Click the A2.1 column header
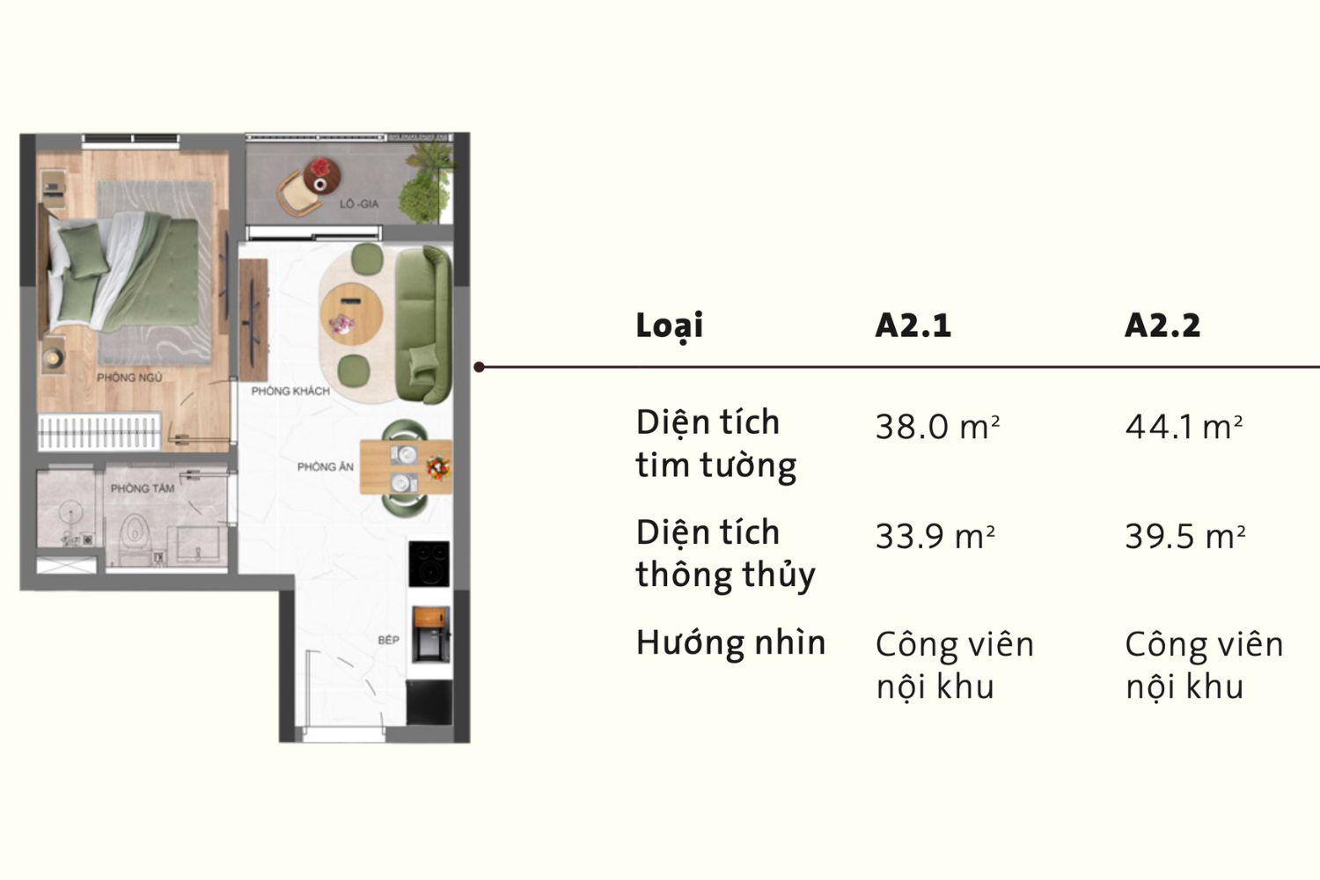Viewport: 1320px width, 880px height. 913,326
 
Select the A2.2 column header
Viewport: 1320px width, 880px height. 1162,326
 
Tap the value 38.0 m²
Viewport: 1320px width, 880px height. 937,428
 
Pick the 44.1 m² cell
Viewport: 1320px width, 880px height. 1184,428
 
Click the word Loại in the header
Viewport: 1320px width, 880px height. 669,326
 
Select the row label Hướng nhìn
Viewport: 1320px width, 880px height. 730,643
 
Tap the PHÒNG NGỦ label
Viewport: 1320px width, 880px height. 129,378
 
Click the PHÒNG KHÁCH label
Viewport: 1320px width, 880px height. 290,391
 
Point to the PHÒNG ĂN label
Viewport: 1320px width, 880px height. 325,466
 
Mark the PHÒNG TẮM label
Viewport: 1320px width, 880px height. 142,488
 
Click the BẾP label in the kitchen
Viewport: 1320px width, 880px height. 388,640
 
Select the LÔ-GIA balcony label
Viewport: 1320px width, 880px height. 359,204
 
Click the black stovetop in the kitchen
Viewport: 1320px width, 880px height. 429,564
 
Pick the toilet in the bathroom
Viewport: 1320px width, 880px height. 134,534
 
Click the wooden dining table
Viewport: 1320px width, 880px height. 406,466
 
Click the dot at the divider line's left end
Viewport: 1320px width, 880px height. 479,367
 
